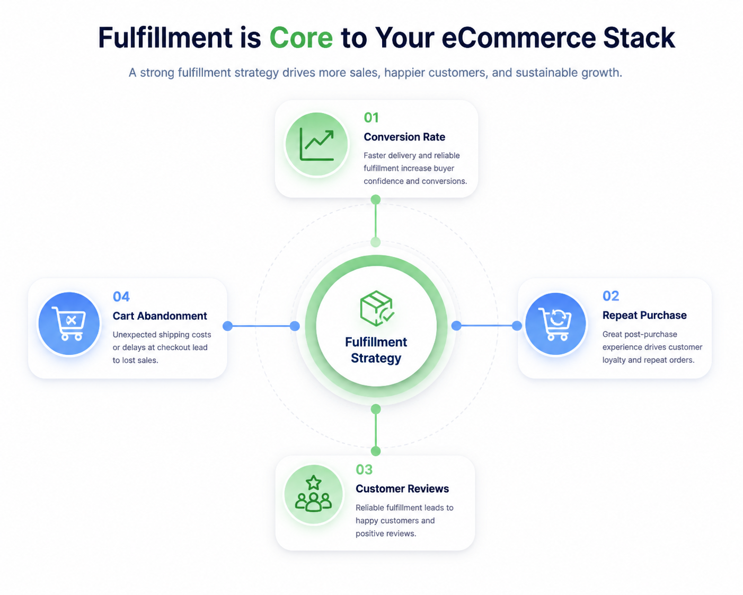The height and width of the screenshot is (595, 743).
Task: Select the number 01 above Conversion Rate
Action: coord(371,118)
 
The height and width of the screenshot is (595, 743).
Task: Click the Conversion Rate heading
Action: coord(404,137)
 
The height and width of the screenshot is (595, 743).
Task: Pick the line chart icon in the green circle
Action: coord(317,144)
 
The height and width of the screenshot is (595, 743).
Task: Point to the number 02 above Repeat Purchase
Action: coord(611,296)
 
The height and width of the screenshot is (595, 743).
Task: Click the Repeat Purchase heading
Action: coord(644,315)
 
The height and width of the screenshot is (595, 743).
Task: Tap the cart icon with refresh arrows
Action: coord(555,324)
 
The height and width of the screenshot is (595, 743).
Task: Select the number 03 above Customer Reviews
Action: coord(364,469)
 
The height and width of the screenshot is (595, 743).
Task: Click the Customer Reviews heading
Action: coord(402,488)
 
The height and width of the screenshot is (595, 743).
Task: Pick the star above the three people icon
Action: coord(314,483)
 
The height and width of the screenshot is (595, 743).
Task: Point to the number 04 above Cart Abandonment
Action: coord(121,296)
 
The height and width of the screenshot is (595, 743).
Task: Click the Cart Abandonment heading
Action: coord(160,316)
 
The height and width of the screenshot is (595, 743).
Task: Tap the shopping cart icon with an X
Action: coord(69,323)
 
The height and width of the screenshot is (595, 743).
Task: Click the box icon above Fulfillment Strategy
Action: coord(377,308)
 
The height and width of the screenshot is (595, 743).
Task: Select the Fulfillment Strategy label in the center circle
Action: coord(376,350)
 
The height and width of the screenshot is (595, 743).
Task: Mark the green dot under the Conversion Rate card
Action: coord(376,200)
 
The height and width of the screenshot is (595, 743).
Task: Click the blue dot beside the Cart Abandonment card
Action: coord(227,326)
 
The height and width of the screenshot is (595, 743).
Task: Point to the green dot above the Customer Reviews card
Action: coord(376,451)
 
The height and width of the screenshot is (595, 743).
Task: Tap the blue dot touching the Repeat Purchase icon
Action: coord(517,326)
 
